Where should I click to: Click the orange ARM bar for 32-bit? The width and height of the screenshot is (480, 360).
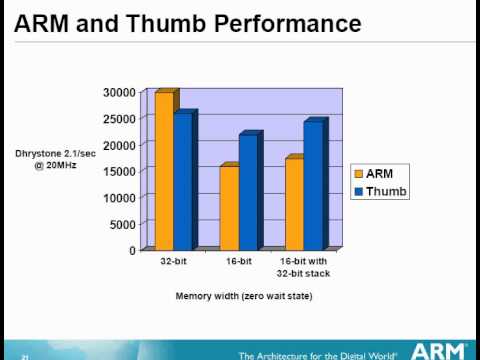tap(163, 170)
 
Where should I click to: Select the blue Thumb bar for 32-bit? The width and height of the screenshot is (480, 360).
tap(182, 180)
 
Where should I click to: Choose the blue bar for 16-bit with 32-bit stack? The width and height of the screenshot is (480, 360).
tap(313, 185)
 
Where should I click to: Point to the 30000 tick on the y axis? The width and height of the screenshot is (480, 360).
tap(118, 92)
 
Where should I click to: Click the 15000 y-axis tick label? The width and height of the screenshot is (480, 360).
tap(118, 171)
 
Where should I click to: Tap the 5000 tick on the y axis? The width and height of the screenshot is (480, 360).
tap(122, 224)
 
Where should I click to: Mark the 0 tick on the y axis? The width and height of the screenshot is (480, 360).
tap(131, 250)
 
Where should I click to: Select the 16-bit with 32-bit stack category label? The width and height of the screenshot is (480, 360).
tap(304, 267)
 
